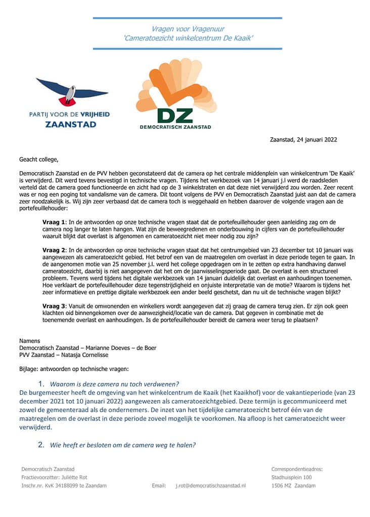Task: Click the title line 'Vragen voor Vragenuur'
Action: pos(188,29)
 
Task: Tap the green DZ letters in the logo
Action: pos(175,116)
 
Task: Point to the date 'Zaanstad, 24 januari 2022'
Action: pos(303,140)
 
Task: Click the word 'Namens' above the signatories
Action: pos(29,341)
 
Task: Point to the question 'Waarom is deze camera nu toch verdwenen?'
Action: pos(114,384)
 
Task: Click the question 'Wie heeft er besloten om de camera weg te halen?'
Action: pos(122,445)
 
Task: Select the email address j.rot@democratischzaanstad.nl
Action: pos(210,486)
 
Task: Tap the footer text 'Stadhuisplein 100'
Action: pos(292,477)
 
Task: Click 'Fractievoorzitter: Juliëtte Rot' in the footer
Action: pos(54,477)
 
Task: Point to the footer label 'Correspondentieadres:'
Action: pos(297,469)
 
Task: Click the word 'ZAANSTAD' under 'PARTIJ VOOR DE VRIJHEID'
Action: pos(70,124)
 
